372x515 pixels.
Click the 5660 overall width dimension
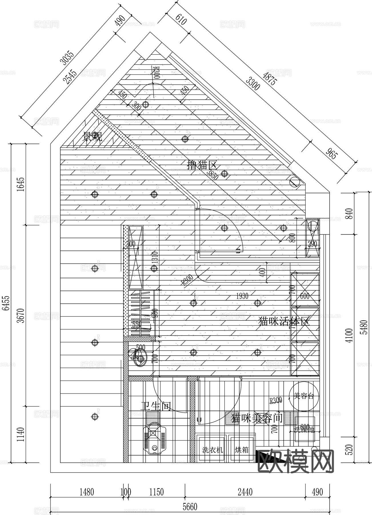(x=190, y=507)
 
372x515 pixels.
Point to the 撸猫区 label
(x=202, y=165)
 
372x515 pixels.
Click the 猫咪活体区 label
(x=284, y=321)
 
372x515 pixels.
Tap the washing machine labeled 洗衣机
(x=212, y=450)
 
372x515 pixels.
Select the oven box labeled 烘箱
(x=242, y=450)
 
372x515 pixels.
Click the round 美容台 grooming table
(x=303, y=396)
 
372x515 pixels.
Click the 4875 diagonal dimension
(x=269, y=77)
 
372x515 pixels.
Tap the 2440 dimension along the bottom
(x=245, y=492)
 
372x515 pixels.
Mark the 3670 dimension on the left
(x=21, y=315)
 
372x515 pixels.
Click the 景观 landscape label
(x=92, y=137)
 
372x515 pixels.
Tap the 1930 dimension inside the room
(x=242, y=296)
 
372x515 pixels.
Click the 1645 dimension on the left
(x=21, y=185)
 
